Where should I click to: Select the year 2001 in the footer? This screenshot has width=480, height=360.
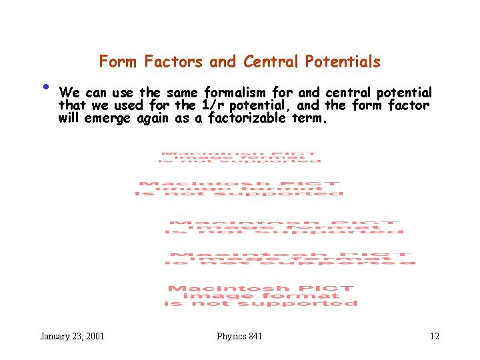[x=94, y=336]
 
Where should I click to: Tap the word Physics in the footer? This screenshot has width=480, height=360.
[x=231, y=336]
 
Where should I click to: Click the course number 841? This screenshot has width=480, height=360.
[x=255, y=336]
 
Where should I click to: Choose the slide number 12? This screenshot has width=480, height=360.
[x=435, y=336]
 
